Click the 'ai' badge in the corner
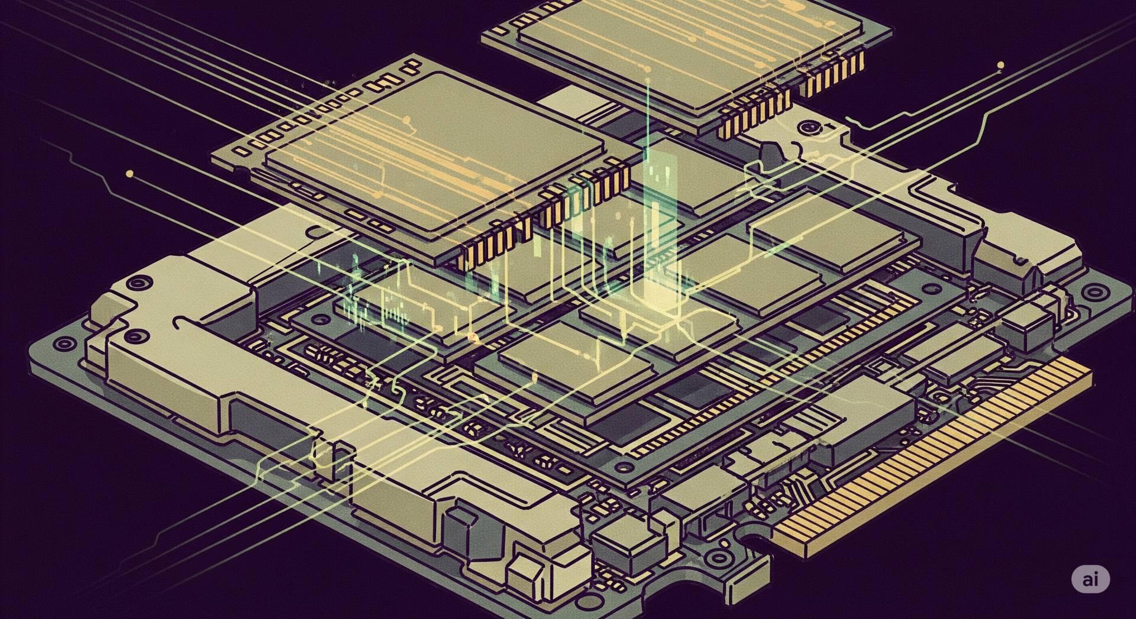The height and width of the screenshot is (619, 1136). (1090, 579)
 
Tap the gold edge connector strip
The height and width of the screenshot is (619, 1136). (935, 461)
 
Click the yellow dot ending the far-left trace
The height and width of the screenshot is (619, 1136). (130, 174)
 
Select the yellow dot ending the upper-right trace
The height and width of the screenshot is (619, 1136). (1001, 65)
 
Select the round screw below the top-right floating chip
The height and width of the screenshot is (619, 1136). (806, 128)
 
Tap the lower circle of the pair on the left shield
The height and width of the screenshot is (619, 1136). (138, 336)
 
